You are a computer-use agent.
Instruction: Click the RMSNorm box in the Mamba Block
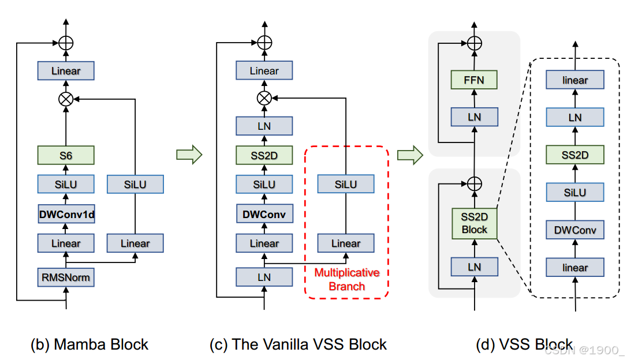(x=66, y=277)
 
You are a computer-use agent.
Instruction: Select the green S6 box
(x=66, y=155)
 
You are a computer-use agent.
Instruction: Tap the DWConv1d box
(x=66, y=215)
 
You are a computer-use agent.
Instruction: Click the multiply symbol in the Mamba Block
(x=66, y=99)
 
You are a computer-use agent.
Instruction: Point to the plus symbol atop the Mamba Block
(x=66, y=43)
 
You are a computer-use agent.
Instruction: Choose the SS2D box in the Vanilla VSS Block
(x=264, y=155)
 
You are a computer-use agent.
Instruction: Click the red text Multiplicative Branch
(x=346, y=279)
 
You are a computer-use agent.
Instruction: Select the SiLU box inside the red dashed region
(x=346, y=184)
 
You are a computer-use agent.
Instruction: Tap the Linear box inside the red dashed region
(x=346, y=243)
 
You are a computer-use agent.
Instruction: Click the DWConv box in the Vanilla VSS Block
(x=264, y=215)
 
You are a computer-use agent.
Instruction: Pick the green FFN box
(x=473, y=80)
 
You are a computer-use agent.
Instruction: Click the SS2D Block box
(x=474, y=223)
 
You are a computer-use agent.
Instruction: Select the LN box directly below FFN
(x=473, y=117)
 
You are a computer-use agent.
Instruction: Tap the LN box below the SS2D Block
(x=474, y=267)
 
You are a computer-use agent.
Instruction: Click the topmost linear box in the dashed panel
(x=575, y=80)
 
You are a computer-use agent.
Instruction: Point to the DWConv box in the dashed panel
(x=575, y=231)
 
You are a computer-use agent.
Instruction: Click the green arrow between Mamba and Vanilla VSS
(x=189, y=155)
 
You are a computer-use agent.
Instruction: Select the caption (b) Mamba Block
(x=89, y=345)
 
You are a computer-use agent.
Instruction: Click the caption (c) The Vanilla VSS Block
(x=298, y=345)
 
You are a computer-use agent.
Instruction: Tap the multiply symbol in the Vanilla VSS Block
(x=264, y=99)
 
